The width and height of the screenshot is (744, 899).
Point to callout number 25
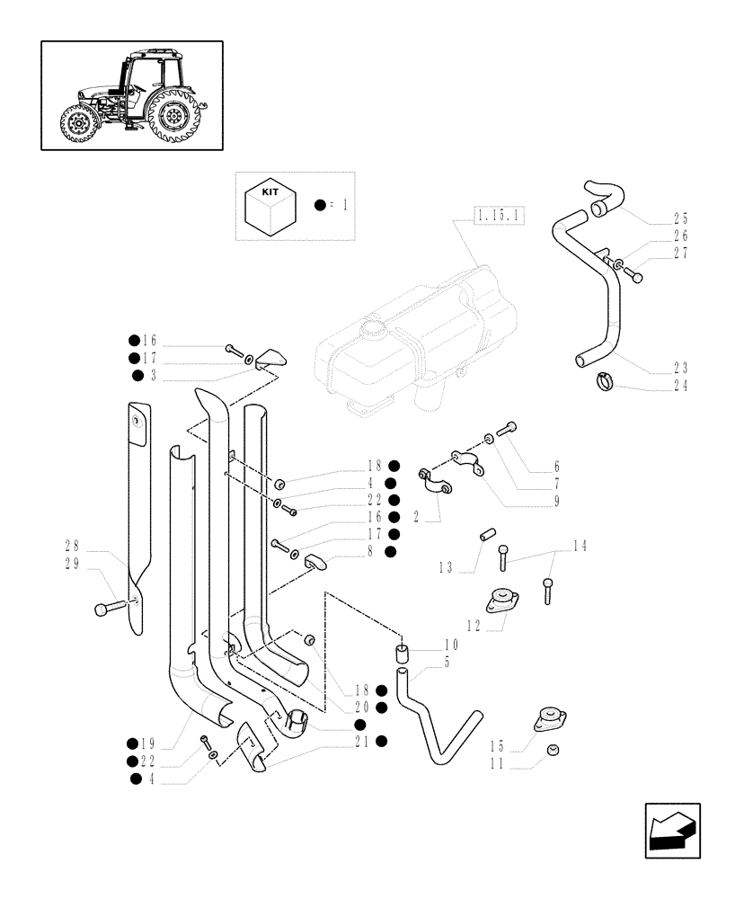pos(681,218)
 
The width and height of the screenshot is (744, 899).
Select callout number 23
pos(681,368)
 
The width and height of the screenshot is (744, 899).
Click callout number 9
pos(556,501)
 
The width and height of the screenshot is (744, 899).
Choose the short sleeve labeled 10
pos(403,652)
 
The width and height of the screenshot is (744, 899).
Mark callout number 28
pos(71,545)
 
